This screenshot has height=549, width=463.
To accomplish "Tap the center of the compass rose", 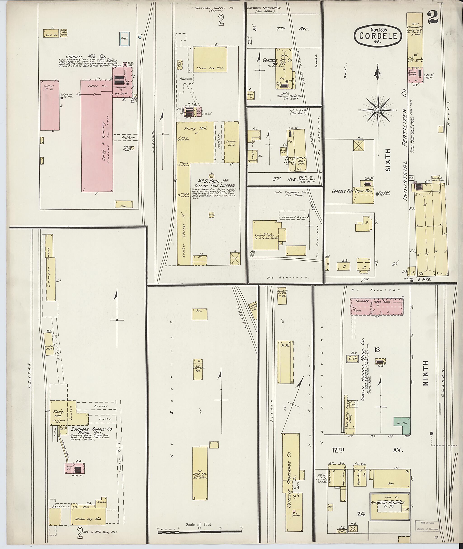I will point(378,111).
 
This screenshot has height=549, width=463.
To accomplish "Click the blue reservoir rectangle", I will point(124,39).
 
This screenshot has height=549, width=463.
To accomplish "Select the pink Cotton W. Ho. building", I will point(50,105).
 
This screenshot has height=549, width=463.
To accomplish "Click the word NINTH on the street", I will point(426,373).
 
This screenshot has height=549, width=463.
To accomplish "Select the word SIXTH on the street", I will point(388,160).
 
